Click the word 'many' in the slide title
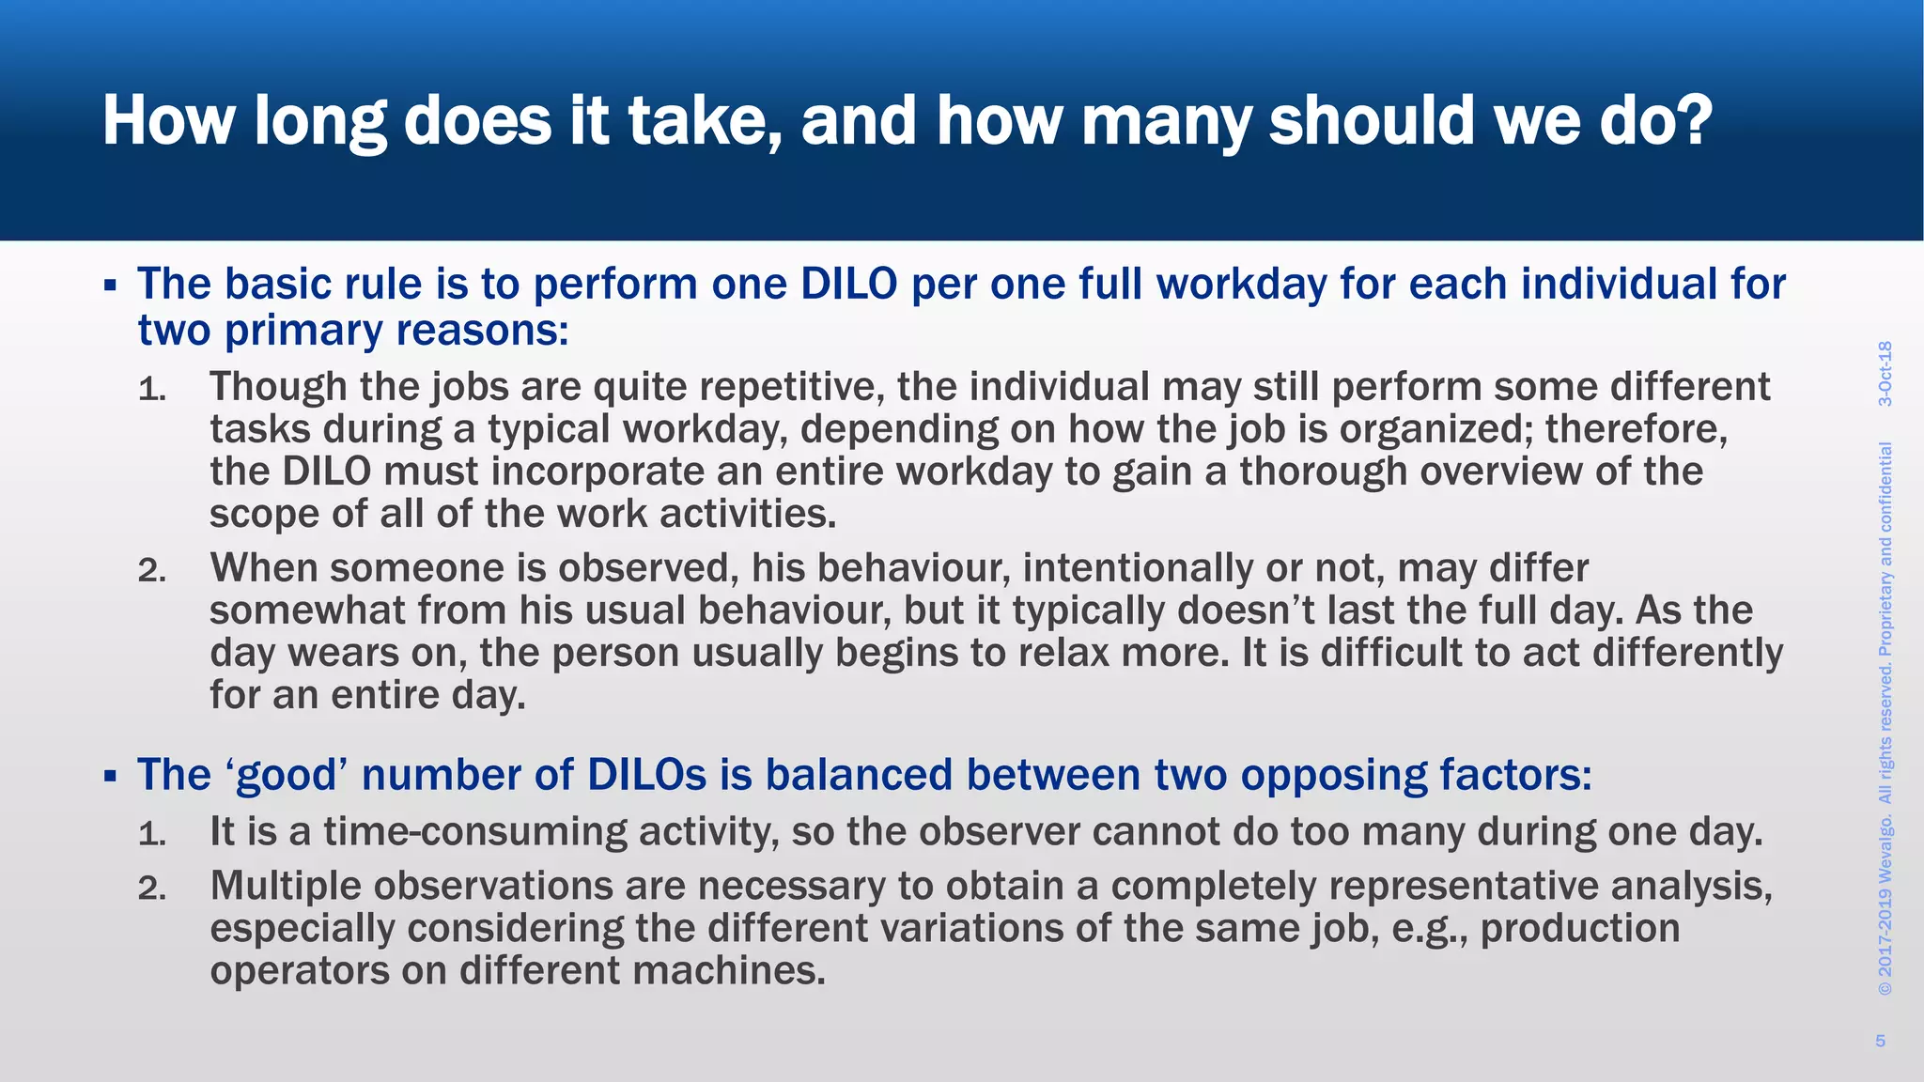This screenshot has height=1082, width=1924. (x=1165, y=122)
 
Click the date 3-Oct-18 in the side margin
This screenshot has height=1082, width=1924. (x=1885, y=374)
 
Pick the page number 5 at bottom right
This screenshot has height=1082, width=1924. (x=1880, y=1041)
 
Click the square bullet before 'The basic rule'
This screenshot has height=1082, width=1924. (x=110, y=285)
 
